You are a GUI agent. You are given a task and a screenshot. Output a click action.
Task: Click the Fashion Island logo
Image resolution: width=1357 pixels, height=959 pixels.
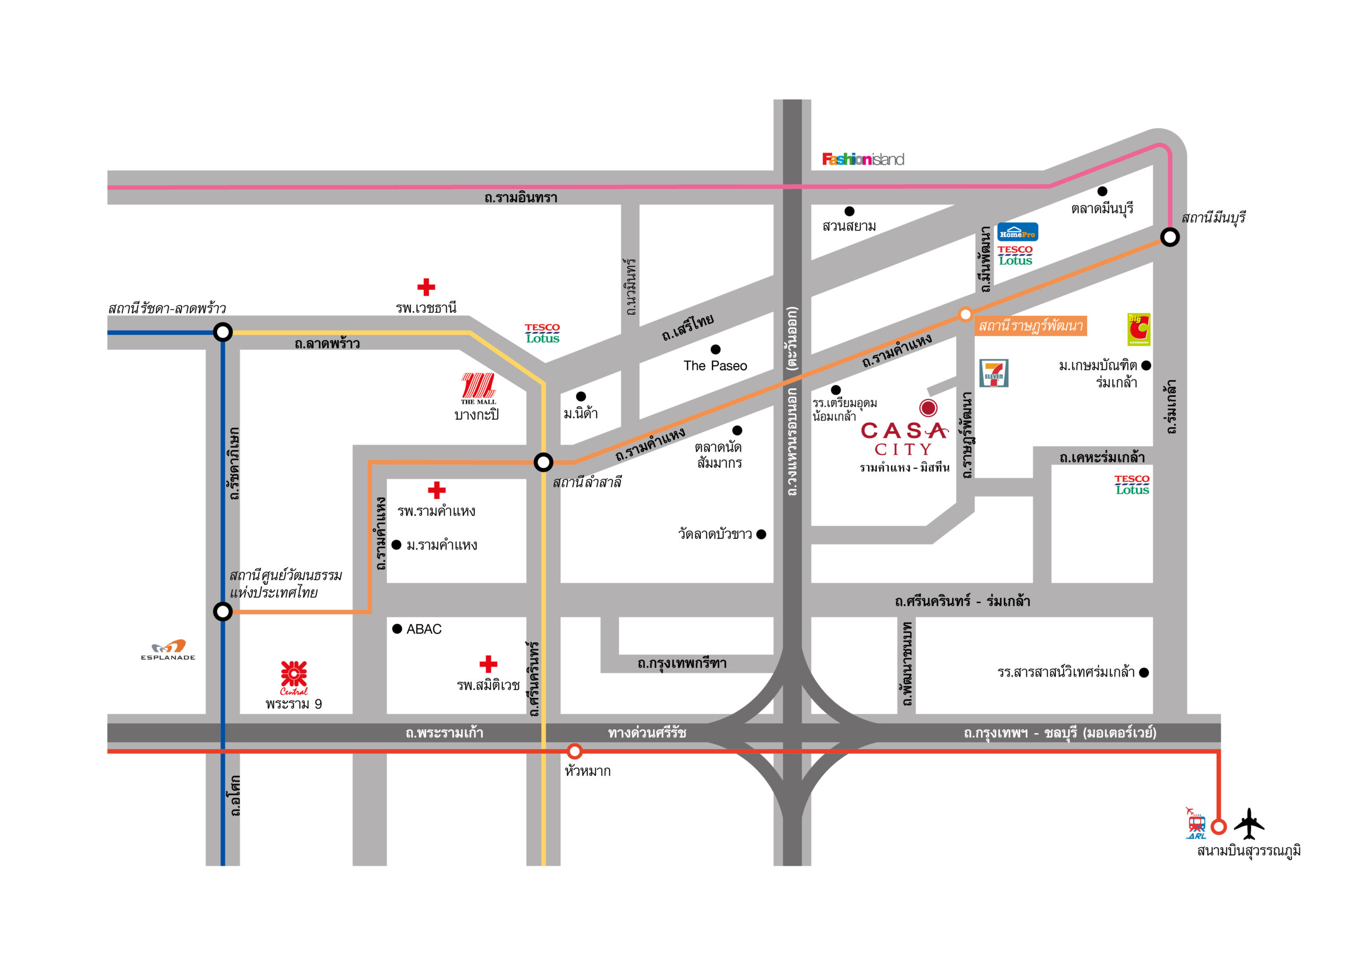862,159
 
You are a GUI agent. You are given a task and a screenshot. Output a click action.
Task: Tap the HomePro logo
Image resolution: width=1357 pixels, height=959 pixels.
1017,232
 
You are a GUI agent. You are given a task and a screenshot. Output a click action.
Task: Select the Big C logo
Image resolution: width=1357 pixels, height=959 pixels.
1138,329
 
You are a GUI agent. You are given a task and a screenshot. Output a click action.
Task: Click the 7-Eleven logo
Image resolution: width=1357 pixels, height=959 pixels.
993,374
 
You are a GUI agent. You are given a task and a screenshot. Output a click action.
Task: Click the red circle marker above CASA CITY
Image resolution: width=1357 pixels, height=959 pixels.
928,408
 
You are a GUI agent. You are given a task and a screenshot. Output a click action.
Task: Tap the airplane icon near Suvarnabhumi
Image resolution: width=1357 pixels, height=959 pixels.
1248,824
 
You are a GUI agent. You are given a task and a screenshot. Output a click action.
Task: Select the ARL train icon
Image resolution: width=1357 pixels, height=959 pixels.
1196,824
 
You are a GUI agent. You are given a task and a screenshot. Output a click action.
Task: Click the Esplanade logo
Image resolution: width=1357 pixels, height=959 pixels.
168,650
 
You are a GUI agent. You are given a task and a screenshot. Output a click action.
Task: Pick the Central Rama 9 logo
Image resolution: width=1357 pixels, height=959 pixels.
294,678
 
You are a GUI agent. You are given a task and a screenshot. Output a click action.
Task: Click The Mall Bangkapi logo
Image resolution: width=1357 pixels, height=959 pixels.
478,388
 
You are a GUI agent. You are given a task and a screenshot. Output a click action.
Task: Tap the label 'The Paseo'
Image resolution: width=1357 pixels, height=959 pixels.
715,366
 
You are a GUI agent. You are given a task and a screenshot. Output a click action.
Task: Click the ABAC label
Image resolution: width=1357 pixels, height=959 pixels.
424,629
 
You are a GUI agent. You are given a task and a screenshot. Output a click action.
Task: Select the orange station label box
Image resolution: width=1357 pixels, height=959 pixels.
1030,325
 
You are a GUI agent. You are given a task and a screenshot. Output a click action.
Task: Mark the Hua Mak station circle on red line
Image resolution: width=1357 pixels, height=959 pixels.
575,752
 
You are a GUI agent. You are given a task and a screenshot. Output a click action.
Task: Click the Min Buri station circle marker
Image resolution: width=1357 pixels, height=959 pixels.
1170,237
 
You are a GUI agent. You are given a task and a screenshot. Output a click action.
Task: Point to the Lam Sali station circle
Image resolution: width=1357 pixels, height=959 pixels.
543,462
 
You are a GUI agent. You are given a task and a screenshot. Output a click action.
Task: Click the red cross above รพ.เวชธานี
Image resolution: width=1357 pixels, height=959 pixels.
426,287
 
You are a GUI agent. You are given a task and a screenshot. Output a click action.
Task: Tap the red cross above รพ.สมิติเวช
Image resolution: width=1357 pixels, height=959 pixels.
488,664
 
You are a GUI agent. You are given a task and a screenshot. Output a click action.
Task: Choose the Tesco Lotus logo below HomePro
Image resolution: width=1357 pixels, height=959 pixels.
1016,255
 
